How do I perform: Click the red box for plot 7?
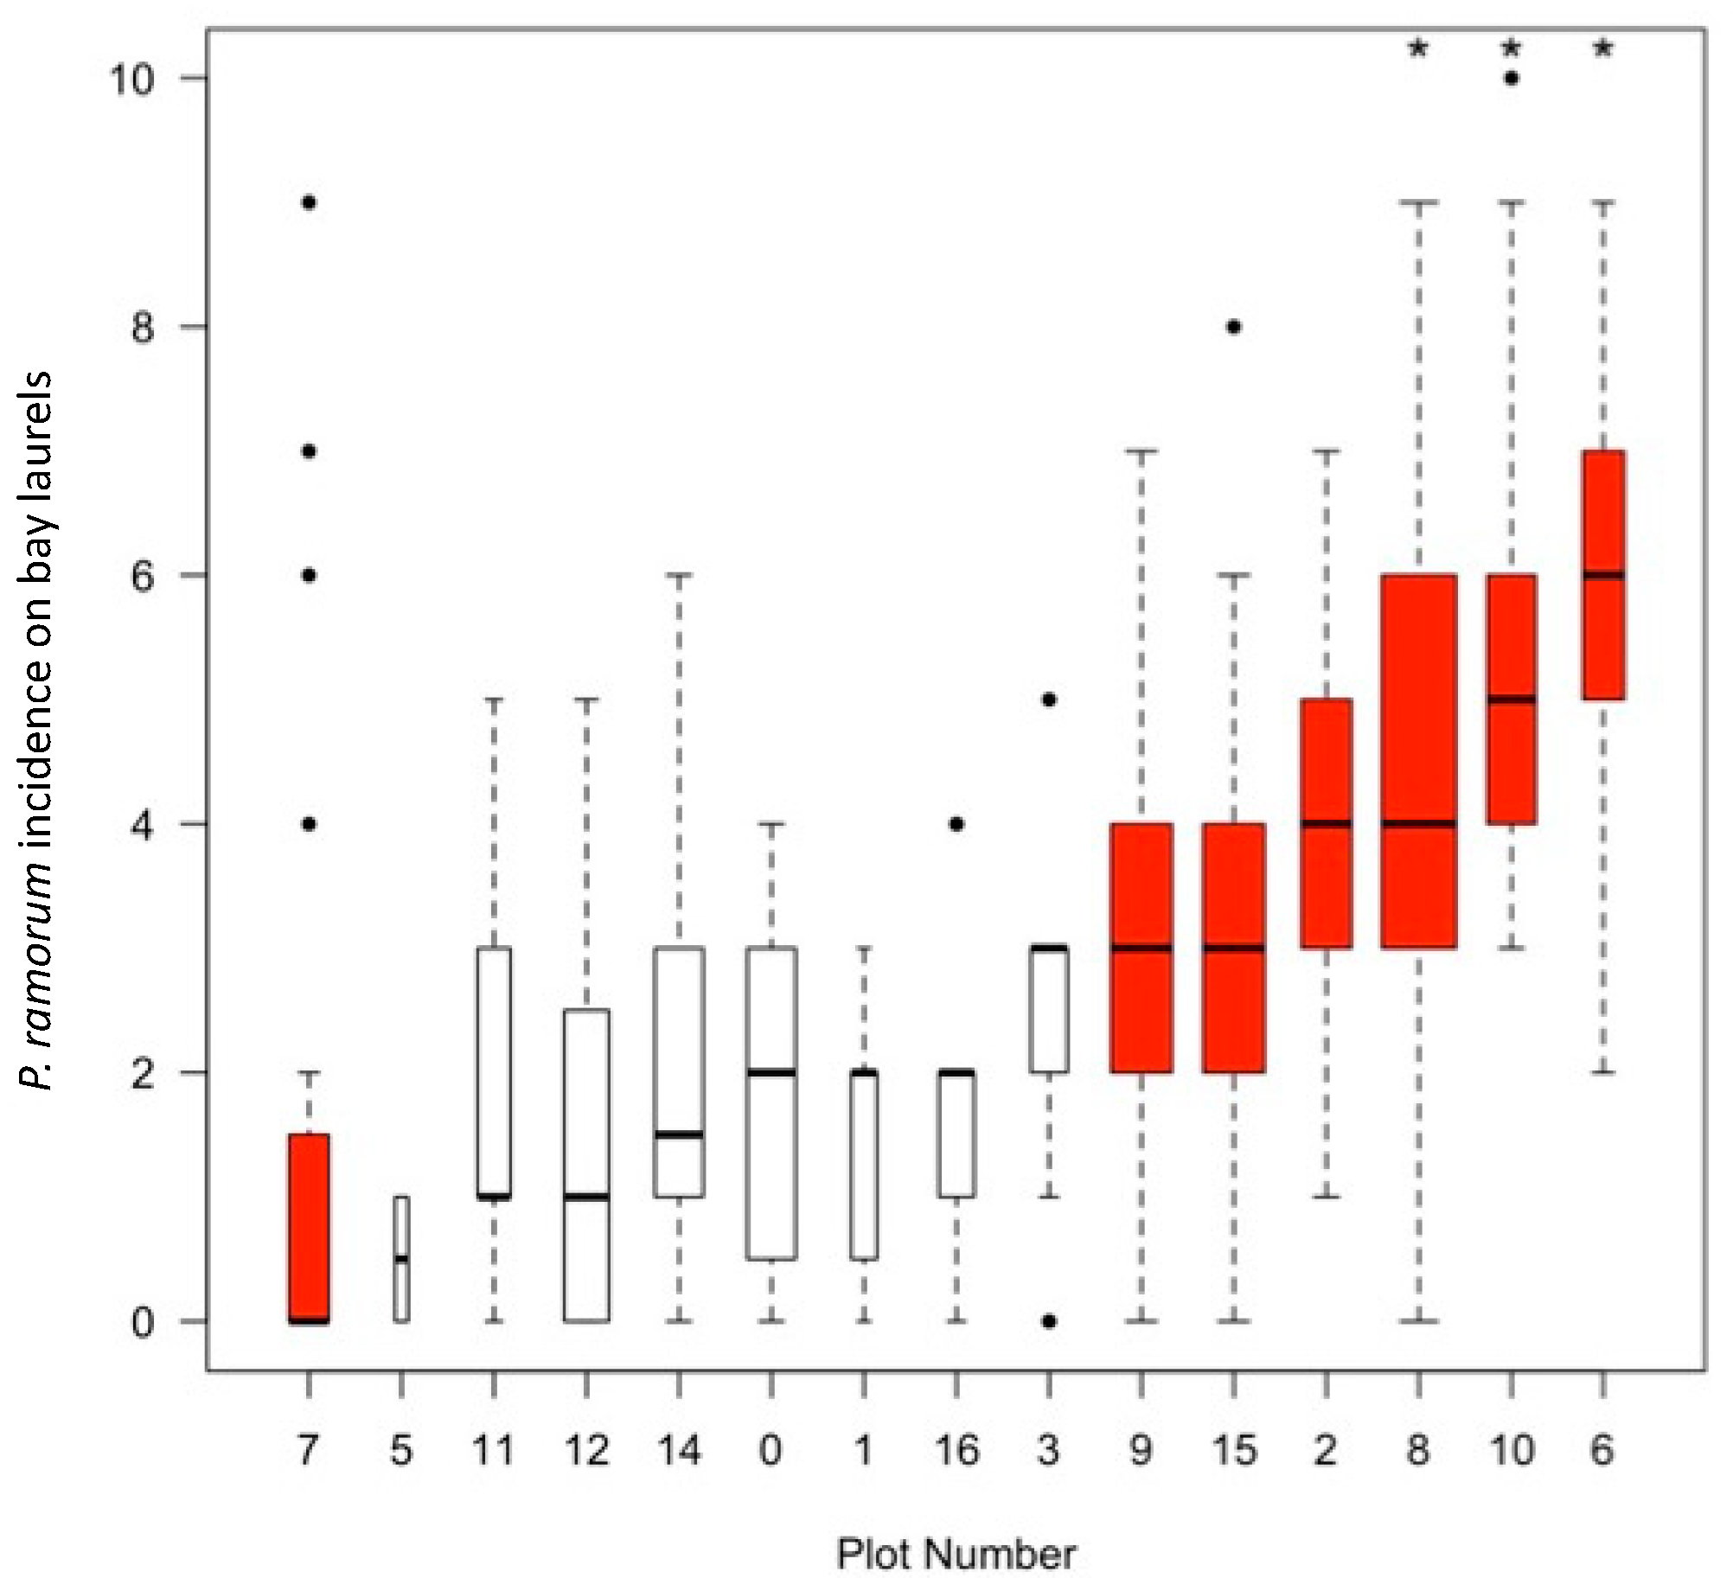pos(309,1227)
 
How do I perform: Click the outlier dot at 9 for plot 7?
pos(309,202)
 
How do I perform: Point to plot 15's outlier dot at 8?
pos(1234,327)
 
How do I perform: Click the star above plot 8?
pos(1418,48)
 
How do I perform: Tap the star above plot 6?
pos(1603,48)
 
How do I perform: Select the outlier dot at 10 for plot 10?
pos(1511,78)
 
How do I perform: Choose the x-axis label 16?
pos(956,1450)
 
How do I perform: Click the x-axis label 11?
pos(494,1450)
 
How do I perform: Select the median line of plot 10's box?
pos(1511,699)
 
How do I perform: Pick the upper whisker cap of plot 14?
pos(679,574)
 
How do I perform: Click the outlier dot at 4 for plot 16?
pos(956,824)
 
